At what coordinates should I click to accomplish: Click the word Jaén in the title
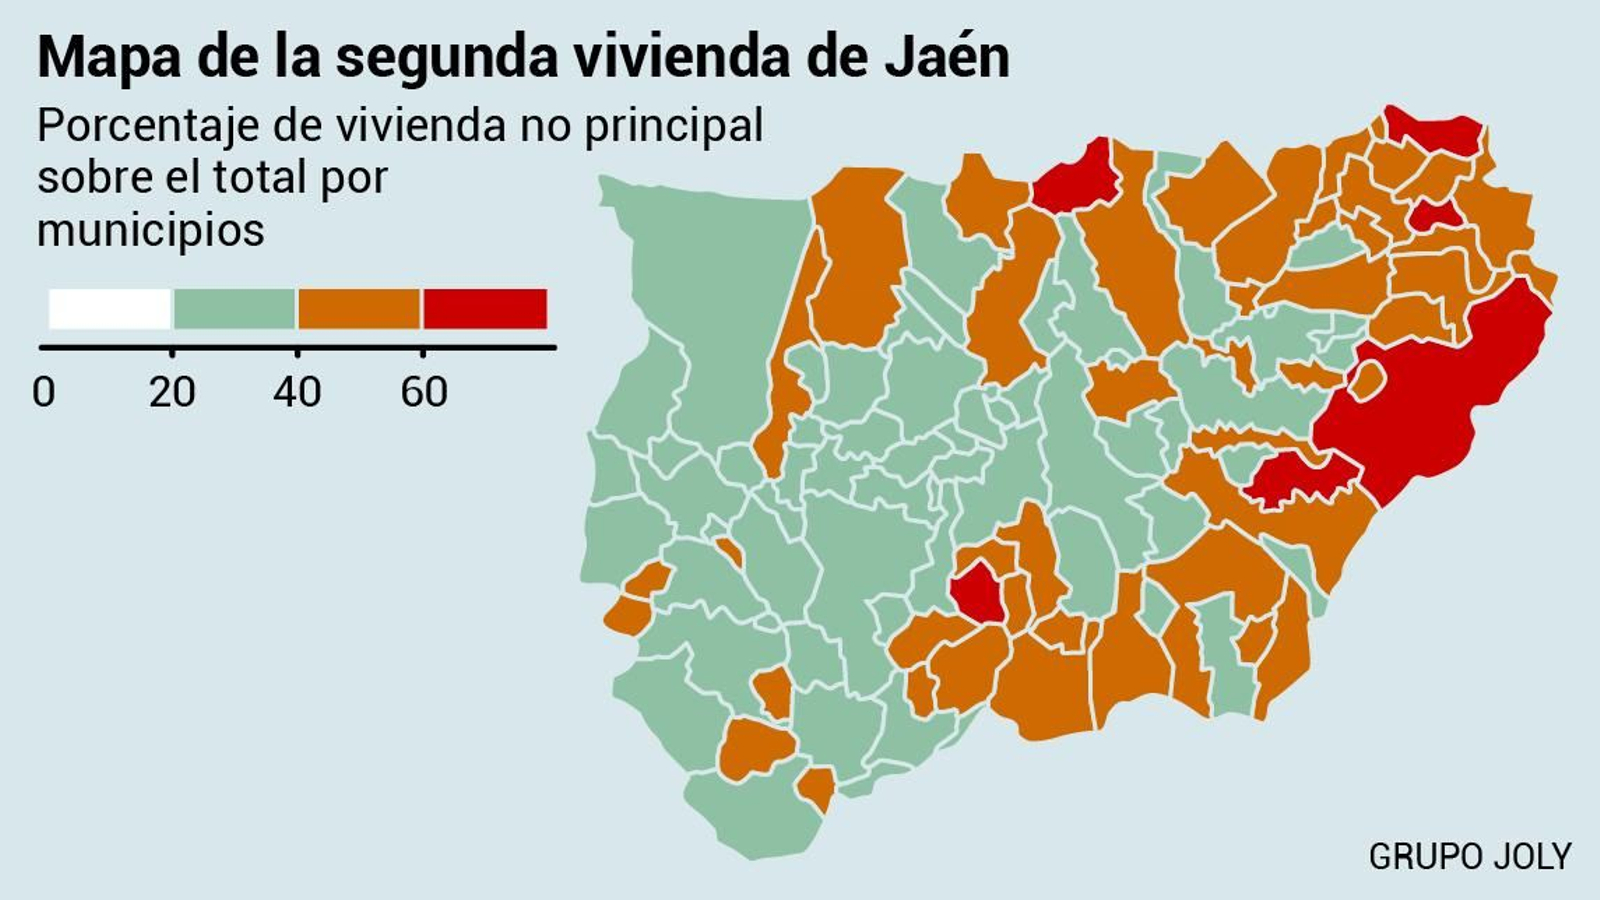click(x=946, y=57)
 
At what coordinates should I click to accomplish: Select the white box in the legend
click(x=110, y=309)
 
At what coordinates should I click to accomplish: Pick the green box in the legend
click(x=235, y=309)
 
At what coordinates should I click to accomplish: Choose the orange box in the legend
click(x=359, y=309)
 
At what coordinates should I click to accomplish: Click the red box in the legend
click(x=485, y=309)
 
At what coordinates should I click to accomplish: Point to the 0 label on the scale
click(x=43, y=392)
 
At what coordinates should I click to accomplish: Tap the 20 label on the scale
click(x=172, y=392)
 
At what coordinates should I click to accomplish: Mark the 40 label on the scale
click(x=297, y=392)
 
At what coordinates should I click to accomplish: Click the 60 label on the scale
click(x=423, y=392)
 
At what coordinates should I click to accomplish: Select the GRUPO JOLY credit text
click(x=1469, y=857)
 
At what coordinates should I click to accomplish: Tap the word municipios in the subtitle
click(x=151, y=231)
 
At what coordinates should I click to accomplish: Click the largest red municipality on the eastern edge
click(x=1440, y=400)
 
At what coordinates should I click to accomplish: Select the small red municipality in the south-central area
click(x=977, y=593)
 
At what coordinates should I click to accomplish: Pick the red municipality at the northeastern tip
click(x=1435, y=129)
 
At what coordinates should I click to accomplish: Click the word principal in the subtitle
click(x=674, y=127)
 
